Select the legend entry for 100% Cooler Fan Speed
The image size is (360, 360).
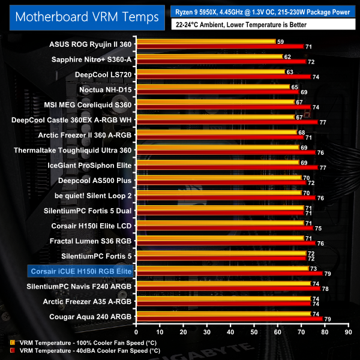tap(75, 343)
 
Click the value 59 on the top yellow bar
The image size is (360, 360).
tap(280, 41)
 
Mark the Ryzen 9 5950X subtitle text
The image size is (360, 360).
tap(262, 11)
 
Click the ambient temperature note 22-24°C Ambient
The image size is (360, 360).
tap(240, 25)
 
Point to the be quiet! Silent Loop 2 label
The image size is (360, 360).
tap(93, 196)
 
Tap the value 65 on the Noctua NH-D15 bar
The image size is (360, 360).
tap(294, 87)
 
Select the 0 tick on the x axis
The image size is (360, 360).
tap(137, 331)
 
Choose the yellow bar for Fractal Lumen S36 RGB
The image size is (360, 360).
tap(220, 238)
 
